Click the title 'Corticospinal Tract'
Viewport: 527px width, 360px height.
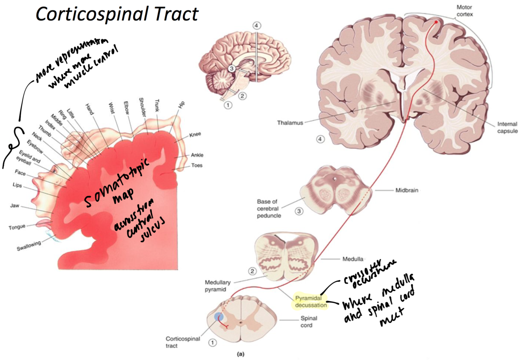117,15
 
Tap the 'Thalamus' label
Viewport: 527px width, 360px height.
290,123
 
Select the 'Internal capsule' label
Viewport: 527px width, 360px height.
507,128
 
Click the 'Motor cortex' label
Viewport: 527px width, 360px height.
465,11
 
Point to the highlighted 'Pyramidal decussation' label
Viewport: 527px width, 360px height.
311,302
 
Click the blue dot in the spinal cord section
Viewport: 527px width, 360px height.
218,317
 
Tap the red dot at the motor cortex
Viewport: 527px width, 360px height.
437,23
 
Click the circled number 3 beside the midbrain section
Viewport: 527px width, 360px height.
299,211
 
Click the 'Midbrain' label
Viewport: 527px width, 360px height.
407,190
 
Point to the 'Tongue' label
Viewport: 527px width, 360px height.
17,227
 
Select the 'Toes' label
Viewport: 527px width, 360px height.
197,165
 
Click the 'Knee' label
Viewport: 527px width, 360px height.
195,134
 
